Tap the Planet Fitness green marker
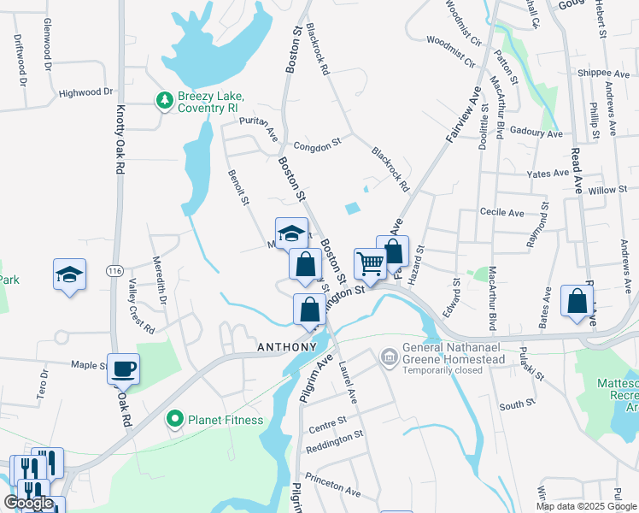(176, 419)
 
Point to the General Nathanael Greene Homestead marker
(390, 355)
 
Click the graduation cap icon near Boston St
(291, 233)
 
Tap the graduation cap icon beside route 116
(70, 274)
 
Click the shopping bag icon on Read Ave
(577, 301)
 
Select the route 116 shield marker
(114, 271)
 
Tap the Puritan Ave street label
(259, 128)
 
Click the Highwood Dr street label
(85, 91)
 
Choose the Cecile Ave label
(501, 212)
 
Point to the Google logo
(28, 503)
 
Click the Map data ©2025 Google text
(585, 506)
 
